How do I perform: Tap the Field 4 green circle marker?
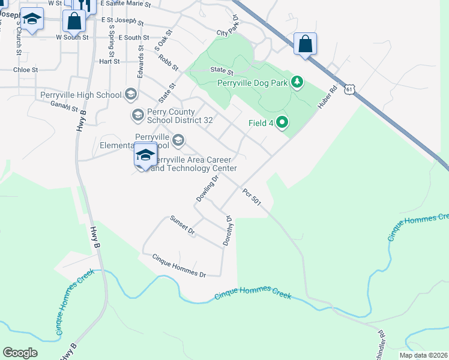pyautogui.click(x=281, y=123)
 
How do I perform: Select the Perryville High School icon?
pyautogui.click(x=131, y=94)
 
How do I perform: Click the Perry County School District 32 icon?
pyautogui.click(x=137, y=114)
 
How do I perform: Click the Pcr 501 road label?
pyautogui.click(x=252, y=199)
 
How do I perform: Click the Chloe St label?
pyautogui.click(x=25, y=70)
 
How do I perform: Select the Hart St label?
pyautogui.click(x=109, y=61)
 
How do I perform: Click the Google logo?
pyautogui.click(x=20, y=353)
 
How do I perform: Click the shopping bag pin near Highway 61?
pyautogui.click(x=305, y=44)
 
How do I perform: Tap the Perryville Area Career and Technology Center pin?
pyautogui.click(x=145, y=156)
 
